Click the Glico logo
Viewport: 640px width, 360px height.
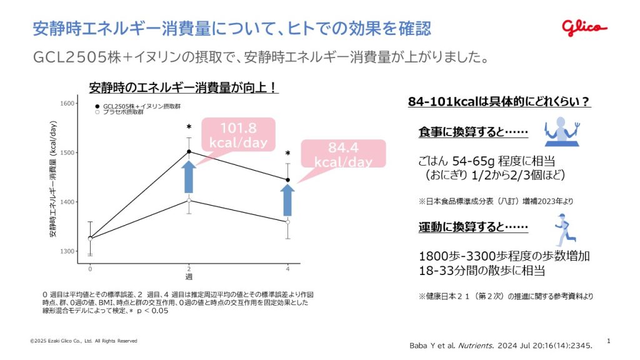(584, 27)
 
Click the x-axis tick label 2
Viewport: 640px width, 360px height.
(189, 269)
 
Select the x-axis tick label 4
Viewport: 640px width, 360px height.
(287, 269)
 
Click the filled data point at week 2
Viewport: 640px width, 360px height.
(189, 151)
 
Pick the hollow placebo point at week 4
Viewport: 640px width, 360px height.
(287, 222)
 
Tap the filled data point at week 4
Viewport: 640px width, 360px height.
(287, 180)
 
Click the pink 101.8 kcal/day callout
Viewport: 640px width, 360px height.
(237, 135)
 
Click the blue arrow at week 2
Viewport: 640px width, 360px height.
(189, 177)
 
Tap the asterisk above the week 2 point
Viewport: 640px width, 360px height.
(189, 127)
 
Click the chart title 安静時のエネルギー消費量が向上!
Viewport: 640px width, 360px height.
(182, 87)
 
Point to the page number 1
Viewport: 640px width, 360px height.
(609, 341)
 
